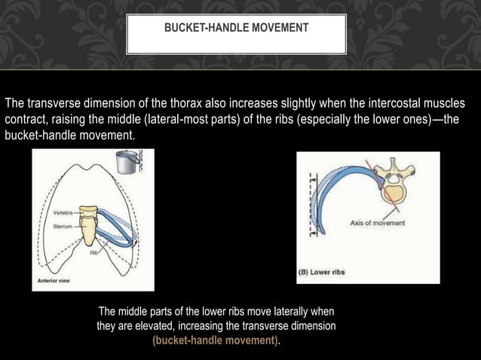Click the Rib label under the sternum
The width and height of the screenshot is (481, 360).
tap(94, 253)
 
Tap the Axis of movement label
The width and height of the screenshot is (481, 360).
tap(377, 223)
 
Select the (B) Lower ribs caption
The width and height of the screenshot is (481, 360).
tap(322, 272)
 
